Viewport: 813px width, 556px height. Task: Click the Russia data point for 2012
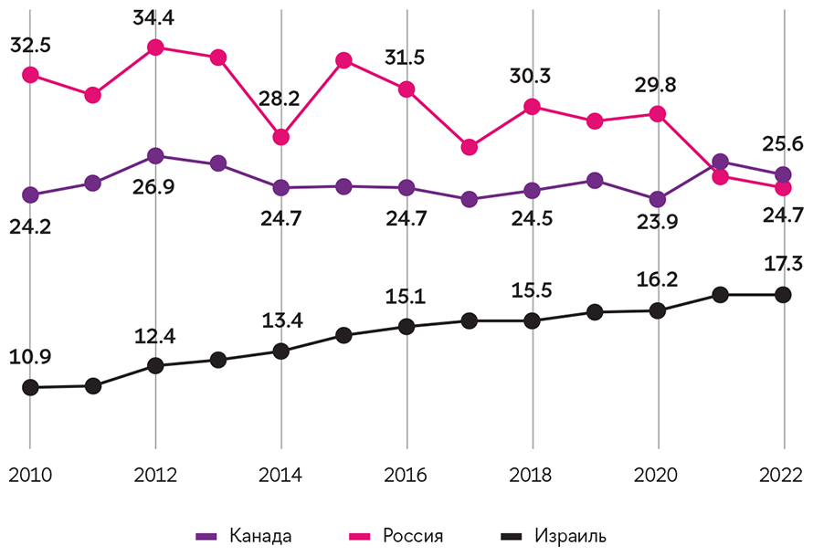pos(155,47)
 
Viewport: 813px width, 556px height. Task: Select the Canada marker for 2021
pos(720,163)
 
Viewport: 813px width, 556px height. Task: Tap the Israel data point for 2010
pos(30,387)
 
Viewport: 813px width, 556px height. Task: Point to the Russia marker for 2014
pos(281,137)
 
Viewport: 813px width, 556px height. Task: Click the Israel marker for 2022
pos(783,294)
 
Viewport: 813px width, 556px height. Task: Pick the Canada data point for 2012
pos(155,156)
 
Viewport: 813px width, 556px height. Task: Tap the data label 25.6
pos(784,142)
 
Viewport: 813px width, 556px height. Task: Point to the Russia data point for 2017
pos(470,147)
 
